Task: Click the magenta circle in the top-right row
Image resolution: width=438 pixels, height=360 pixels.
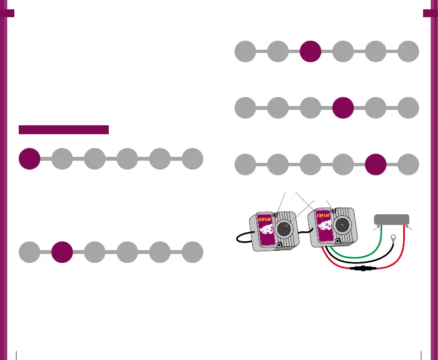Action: [x=310, y=51]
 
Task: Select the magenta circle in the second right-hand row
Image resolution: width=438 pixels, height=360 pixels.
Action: [x=343, y=107]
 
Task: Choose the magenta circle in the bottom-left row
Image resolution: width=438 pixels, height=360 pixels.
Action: [x=62, y=252]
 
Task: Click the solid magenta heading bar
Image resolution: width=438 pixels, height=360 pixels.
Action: [x=63, y=130]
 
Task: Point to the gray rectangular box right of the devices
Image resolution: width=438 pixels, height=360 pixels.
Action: [x=392, y=219]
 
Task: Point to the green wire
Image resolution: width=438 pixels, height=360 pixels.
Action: [x=353, y=255]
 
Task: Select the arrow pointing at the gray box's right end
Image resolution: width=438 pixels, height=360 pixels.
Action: [x=412, y=229]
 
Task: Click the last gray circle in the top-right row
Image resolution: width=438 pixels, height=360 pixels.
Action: [x=409, y=51]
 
